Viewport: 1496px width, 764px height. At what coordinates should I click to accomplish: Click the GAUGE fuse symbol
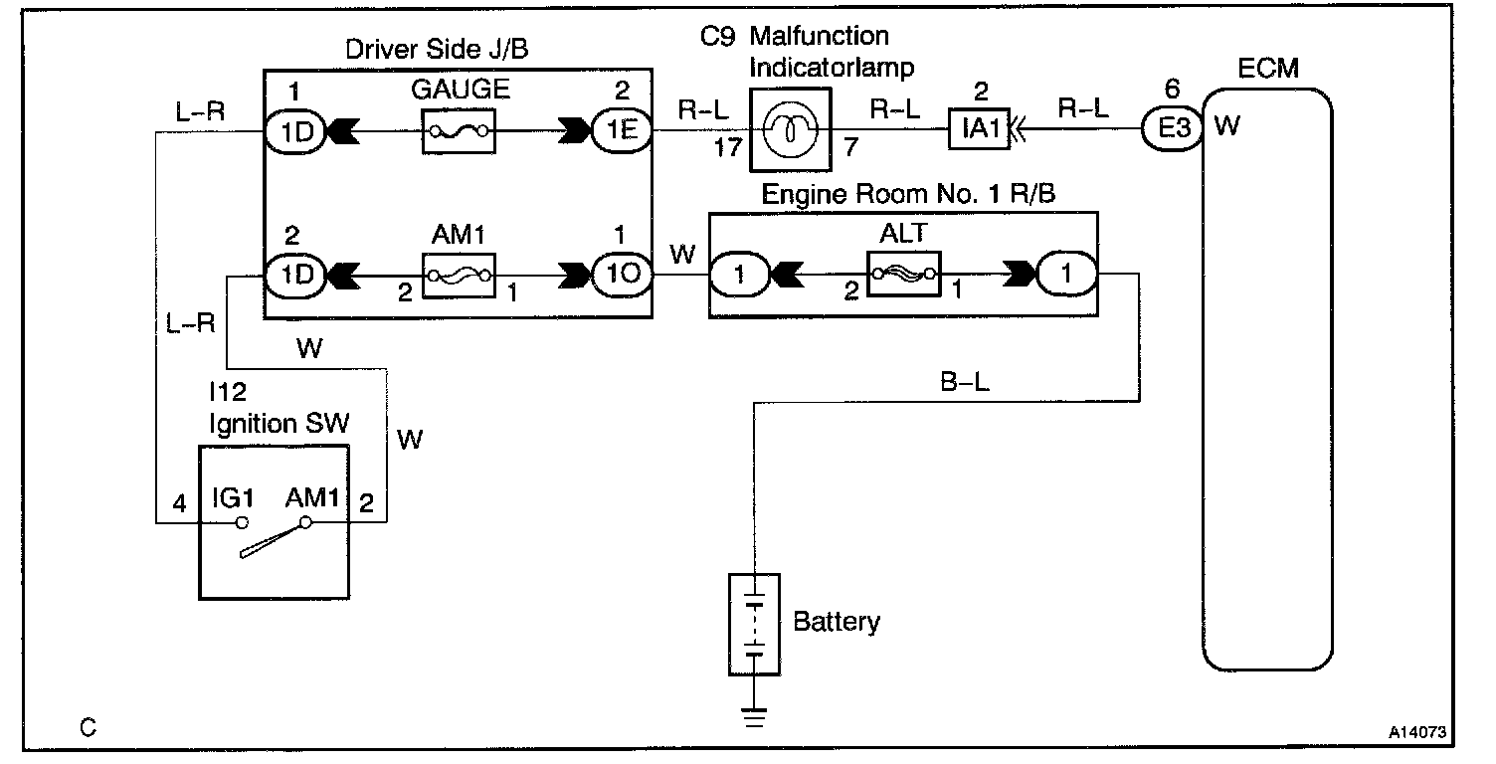coord(458,131)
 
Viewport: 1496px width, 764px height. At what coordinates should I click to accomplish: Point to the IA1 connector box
coord(979,130)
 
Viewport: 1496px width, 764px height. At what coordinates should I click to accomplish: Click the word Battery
coord(837,623)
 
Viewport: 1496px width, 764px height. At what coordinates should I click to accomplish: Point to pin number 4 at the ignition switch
coord(179,503)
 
